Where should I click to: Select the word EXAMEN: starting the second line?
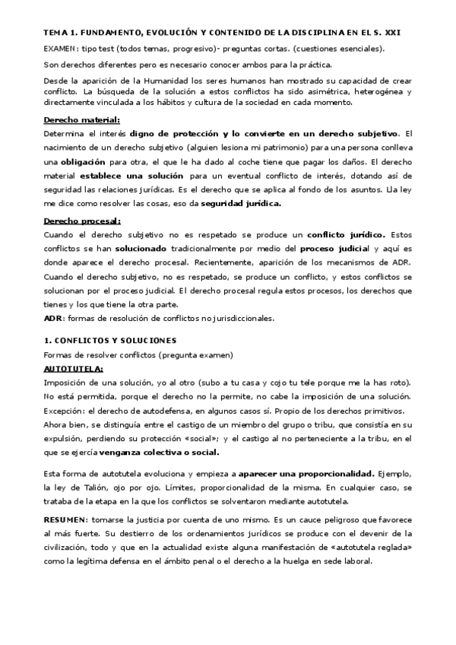click(62, 49)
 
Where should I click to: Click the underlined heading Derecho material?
click(82, 119)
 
